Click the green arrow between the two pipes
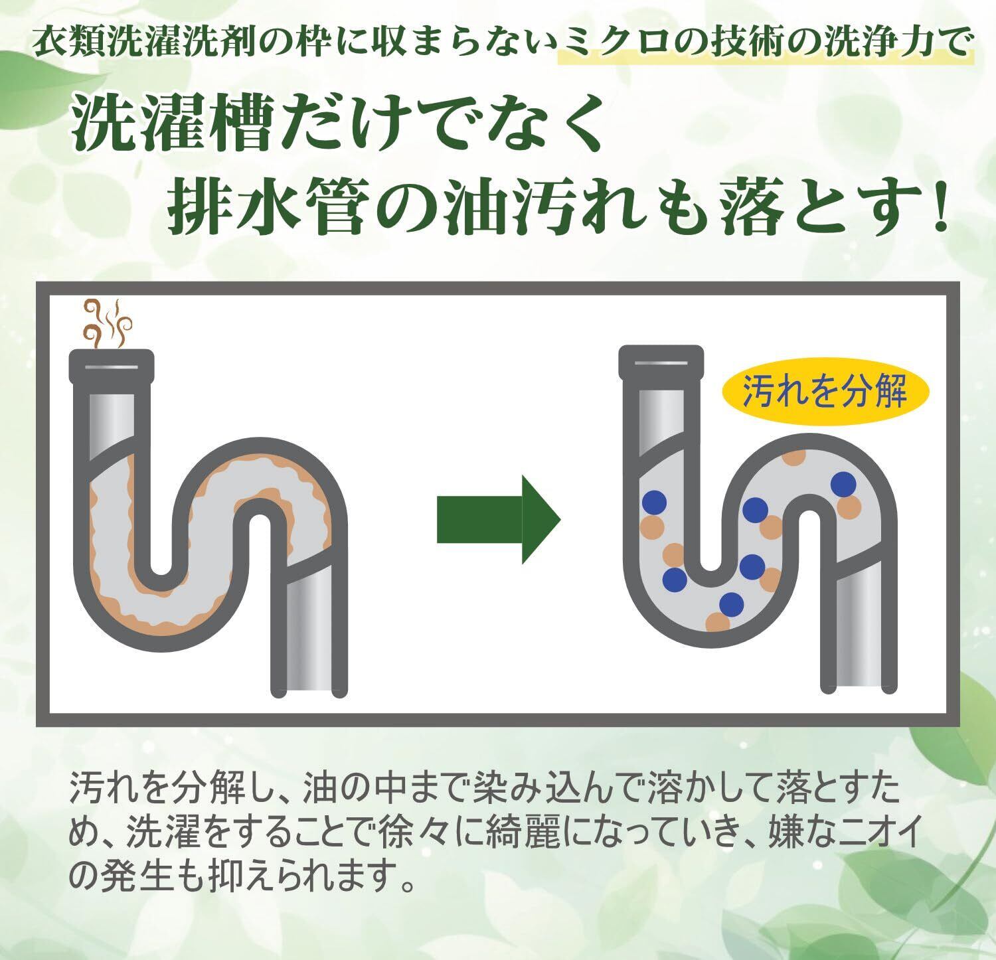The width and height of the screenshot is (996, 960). click(x=498, y=519)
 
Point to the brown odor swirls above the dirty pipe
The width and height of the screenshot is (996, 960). click(x=106, y=323)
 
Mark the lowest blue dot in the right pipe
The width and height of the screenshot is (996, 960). click(x=731, y=603)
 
